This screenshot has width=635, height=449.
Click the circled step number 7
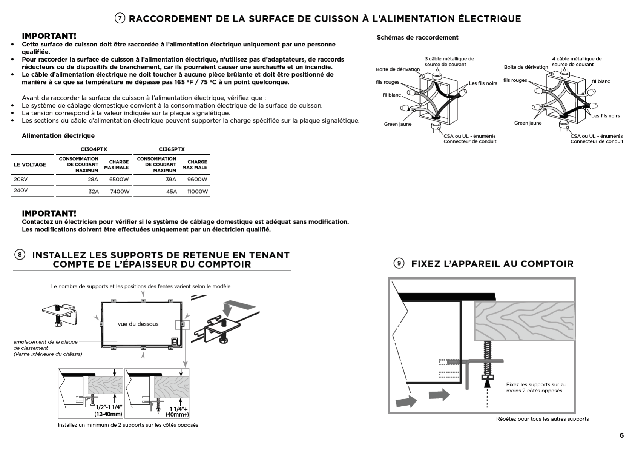tap(120, 18)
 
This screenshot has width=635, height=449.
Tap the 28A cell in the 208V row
tap(93, 180)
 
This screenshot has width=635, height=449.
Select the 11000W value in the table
tap(198, 191)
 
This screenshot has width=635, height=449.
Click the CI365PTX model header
tap(172, 149)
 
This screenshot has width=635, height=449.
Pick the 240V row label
tap(21, 190)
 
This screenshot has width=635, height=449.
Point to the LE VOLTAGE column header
tap(30, 165)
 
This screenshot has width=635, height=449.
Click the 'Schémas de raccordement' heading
tap(417, 37)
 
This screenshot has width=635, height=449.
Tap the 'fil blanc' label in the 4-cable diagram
tap(601, 81)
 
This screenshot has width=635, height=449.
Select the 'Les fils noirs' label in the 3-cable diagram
tap(483, 83)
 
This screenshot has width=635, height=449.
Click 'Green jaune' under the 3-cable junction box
tap(397, 124)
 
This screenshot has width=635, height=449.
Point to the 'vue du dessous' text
tap(138, 324)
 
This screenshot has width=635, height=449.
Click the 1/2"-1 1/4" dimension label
tap(109, 407)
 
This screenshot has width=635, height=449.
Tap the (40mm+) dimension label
tap(177, 415)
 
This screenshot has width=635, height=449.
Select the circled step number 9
tap(399, 263)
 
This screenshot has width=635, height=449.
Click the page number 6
tap(621, 435)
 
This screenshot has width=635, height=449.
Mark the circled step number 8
tap(20, 254)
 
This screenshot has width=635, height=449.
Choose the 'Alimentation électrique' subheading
tap(58, 135)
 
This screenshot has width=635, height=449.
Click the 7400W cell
tap(120, 191)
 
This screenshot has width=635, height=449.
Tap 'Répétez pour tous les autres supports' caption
tap(542, 419)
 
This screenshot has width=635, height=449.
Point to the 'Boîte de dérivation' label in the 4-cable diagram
tap(526, 67)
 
